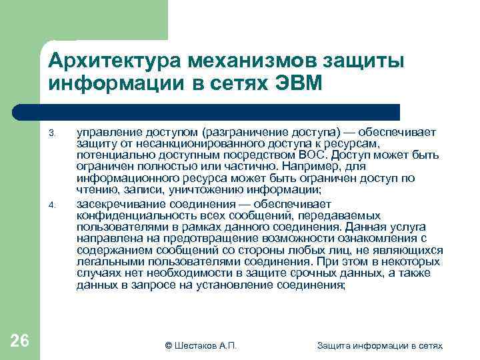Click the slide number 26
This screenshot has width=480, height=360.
click(20, 341)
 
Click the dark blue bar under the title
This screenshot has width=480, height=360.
click(220, 111)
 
